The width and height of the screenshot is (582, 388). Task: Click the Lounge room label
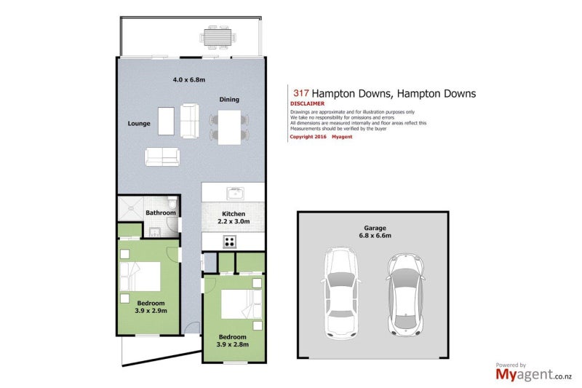(x=139, y=124)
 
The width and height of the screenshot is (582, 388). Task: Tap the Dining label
(x=229, y=100)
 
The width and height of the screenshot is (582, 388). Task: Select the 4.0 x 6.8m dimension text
(x=189, y=79)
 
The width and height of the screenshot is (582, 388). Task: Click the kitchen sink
(x=235, y=194)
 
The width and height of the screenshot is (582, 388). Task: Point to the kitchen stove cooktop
(x=230, y=242)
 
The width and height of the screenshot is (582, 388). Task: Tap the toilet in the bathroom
(x=172, y=202)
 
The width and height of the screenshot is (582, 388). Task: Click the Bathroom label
(x=160, y=213)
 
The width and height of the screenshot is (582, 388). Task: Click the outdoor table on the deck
(x=218, y=37)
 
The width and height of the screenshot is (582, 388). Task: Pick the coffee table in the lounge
(x=166, y=121)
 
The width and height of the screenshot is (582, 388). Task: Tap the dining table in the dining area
(x=229, y=127)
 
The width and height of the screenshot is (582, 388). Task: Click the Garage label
(x=375, y=228)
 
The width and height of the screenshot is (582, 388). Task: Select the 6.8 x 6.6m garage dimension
(x=375, y=235)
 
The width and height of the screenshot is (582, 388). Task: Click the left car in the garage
(x=340, y=293)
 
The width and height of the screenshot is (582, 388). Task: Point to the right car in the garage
(x=405, y=295)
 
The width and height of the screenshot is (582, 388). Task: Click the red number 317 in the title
(x=300, y=93)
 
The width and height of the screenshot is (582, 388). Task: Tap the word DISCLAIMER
(x=307, y=103)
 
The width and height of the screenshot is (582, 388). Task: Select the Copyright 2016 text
(x=308, y=137)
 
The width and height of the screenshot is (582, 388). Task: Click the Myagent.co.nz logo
(x=533, y=373)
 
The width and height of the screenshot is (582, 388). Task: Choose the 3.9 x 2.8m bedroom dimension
(x=233, y=344)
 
